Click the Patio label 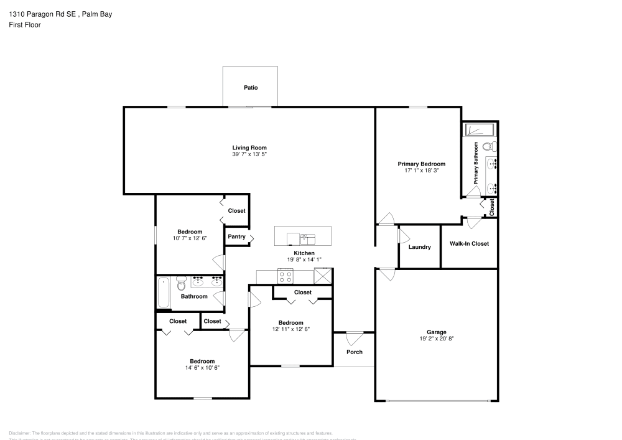pyautogui.click(x=250, y=88)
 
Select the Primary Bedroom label pyautogui.click(x=421, y=164)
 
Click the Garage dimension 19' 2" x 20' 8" pyautogui.click(x=436, y=339)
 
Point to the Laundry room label pyautogui.click(x=419, y=247)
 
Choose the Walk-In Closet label pyautogui.click(x=469, y=243)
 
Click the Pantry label pyautogui.click(x=236, y=236)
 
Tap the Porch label pyautogui.click(x=354, y=352)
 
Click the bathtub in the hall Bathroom pyautogui.click(x=164, y=293)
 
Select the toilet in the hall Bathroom pyautogui.click(x=182, y=284)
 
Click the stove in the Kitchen pyautogui.click(x=285, y=276)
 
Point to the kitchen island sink pyautogui.click(x=309, y=238)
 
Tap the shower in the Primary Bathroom pyautogui.click(x=480, y=129)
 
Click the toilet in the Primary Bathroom pyautogui.click(x=488, y=147)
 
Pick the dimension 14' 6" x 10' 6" pyautogui.click(x=202, y=368)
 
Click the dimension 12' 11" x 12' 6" pyautogui.click(x=290, y=329)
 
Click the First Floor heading pyautogui.click(x=25, y=25)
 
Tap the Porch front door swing pyautogui.click(x=355, y=339)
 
